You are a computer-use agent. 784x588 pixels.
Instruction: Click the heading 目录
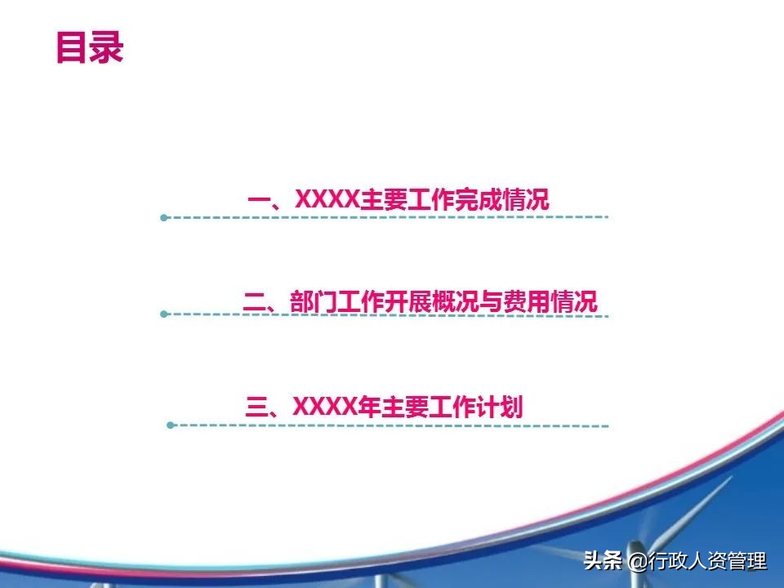coord(90,47)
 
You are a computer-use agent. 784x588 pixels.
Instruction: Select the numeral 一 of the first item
coord(259,200)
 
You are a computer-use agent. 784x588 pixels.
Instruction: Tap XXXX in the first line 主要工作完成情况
coord(327,199)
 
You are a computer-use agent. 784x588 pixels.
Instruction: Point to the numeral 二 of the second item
coord(255,302)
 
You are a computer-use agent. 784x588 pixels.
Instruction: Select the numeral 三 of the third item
coord(257,407)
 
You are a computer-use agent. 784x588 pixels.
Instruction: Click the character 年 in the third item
coord(369,407)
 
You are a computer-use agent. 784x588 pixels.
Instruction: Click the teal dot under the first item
coord(163,217)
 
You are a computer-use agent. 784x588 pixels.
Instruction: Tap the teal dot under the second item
coord(163,314)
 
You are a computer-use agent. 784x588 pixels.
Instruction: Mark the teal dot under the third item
coord(170,425)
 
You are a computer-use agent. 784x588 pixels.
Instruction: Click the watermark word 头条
coord(603,560)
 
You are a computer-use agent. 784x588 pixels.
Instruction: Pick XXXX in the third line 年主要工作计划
coord(325,406)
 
